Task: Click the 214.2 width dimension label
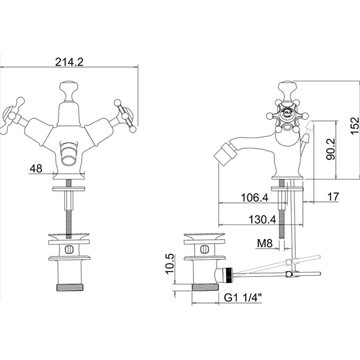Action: click(x=69, y=62)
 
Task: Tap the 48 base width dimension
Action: click(x=36, y=168)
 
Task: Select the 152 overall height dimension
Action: click(x=355, y=125)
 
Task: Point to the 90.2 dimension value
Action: click(x=331, y=149)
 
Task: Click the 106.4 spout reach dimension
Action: click(x=255, y=197)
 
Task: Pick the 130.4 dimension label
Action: click(x=262, y=220)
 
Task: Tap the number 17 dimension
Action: click(x=333, y=197)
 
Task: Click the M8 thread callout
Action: click(x=264, y=243)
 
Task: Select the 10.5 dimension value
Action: click(x=171, y=264)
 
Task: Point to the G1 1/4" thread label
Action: click(x=243, y=298)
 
